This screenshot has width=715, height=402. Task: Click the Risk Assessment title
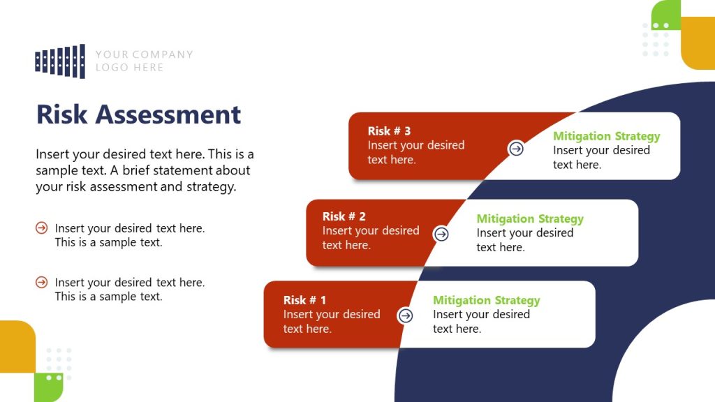[138, 114]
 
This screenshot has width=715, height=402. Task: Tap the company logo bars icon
[60, 61]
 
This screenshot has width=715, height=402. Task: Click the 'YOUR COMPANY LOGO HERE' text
[144, 61]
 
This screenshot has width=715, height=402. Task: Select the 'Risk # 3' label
[389, 131]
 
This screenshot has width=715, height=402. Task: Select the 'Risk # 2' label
[344, 216]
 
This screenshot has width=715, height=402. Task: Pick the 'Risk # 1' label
[304, 300]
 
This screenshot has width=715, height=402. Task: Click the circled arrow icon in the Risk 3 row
[516, 148]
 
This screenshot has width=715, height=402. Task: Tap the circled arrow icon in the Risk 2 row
[441, 234]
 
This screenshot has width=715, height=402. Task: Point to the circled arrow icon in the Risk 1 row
[405, 315]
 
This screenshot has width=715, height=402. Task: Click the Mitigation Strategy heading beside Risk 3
[606, 136]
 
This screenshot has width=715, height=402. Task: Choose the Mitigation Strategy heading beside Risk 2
[529, 218]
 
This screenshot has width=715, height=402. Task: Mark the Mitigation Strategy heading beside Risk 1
[486, 300]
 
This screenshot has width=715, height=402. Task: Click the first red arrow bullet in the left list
[42, 228]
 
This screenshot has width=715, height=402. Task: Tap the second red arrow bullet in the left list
[42, 282]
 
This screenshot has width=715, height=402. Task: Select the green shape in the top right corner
[667, 14]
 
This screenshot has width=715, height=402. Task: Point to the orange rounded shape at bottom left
[15, 345]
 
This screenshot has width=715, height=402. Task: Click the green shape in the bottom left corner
[48, 387]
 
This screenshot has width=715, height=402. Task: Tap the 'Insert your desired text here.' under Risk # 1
[331, 322]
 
